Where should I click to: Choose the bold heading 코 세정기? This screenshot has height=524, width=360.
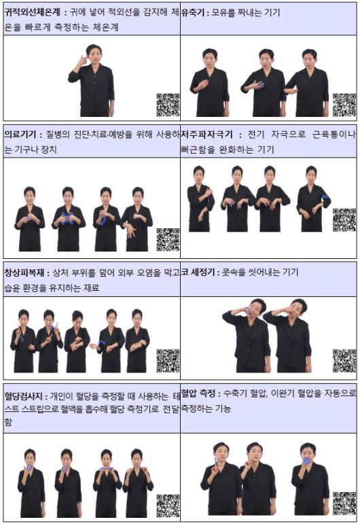pos(198,272)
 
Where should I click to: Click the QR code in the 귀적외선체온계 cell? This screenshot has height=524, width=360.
pos(168,105)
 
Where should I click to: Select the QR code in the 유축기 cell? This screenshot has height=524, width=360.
pos(344,105)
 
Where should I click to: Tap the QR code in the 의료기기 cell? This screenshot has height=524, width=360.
pos(168,239)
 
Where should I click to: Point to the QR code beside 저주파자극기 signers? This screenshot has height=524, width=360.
pos(344,220)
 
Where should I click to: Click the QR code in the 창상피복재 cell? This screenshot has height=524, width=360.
pos(168,360)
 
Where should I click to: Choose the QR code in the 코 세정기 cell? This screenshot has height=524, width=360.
pos(344,360)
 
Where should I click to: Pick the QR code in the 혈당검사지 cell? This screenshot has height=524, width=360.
pos(168,505)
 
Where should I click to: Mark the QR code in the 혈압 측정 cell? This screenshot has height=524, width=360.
pos(344,503)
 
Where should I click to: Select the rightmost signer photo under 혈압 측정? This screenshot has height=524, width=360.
pos(309,479)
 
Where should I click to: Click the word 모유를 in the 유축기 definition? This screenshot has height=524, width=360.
pos(223,12)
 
